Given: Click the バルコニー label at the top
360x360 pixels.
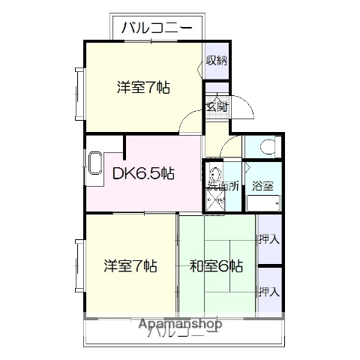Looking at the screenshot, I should pos(156,28).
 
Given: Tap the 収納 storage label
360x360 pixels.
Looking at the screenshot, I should pos(216,61).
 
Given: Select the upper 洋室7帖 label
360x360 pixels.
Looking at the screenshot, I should pos(143,87).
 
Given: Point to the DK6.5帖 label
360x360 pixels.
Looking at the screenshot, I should pos(143,174).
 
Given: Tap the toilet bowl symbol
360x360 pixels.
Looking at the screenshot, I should pos(265,145).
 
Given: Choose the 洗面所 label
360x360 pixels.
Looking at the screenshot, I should pos(223,186).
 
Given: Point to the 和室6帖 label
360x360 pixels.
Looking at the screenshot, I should pos(216,265).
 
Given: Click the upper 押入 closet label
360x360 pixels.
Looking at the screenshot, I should pos(268,240).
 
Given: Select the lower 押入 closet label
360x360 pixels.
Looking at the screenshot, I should pos(268,291).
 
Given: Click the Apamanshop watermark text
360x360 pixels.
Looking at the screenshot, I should pos(179,324).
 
